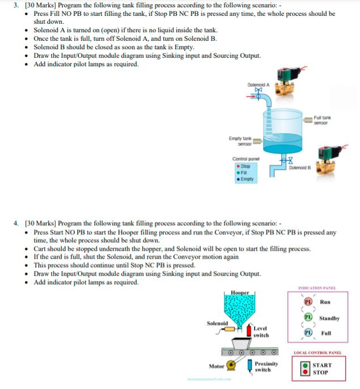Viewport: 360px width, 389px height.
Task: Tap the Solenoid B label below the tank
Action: tap(299, 168)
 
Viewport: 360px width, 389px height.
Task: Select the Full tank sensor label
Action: tap(322, 119)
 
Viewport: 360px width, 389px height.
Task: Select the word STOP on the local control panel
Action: tap(321, 373)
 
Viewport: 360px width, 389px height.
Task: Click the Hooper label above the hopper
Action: tap(240, 292)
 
